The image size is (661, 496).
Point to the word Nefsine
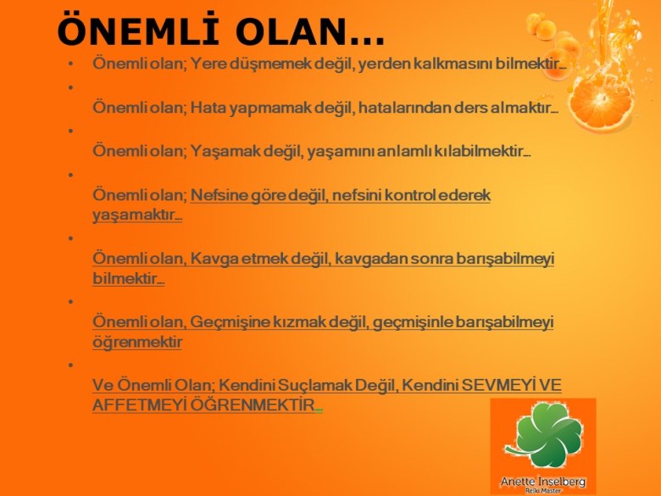(219, 196)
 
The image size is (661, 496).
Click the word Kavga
(212, 258)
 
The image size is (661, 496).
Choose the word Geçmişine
(232, 321)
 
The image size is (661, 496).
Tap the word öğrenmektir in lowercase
(137, 343)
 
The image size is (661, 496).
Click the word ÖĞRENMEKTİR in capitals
(258, 405)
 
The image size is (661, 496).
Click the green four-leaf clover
(543, 433)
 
